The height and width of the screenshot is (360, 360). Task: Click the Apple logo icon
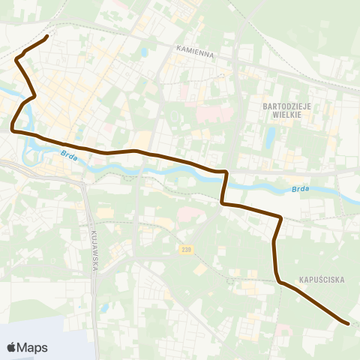click(x=13, y=347)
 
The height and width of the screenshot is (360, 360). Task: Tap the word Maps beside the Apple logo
click(x=33, y=347)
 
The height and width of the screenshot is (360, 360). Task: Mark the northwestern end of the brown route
click(x=47, y=36)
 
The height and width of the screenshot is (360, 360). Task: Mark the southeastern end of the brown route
click(x=348, y=323)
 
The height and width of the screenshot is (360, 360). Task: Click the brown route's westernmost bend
click(x=13, y=129)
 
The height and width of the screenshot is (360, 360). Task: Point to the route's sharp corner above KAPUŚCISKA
click(x=280, y=218)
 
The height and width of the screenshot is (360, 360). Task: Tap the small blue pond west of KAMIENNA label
click(x=143, y=53)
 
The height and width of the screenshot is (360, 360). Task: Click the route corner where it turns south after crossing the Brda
click(x=225, y=173)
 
